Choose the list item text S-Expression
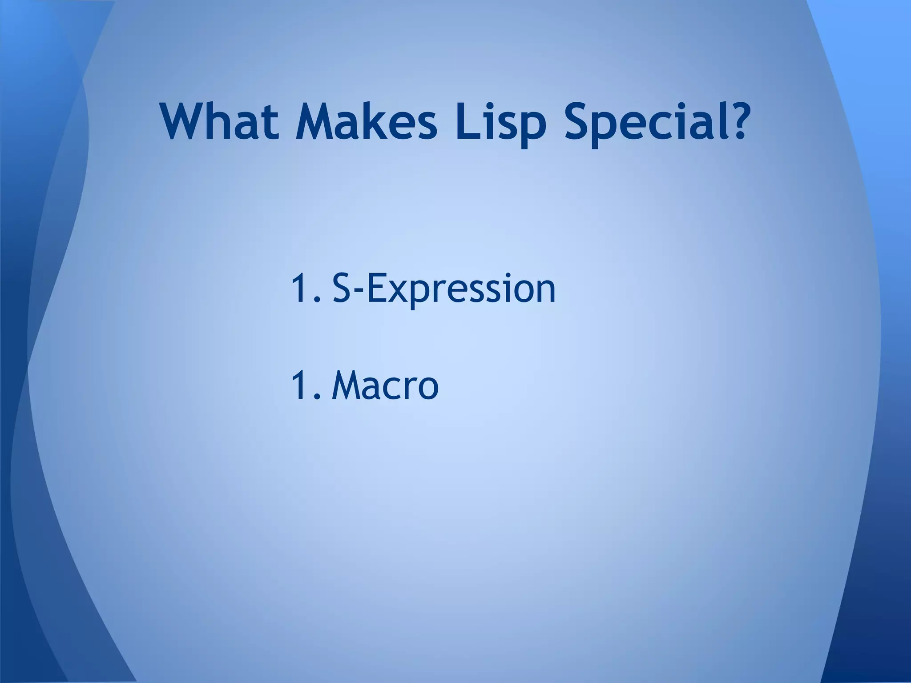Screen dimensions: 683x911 (x=444, y=289)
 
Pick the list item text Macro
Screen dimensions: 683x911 (x=385, y=386)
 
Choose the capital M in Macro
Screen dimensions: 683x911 (x=348, y=386)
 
